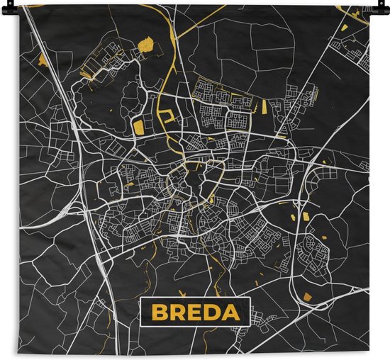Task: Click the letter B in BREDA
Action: tap(158, 312)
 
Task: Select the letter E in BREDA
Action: tap(195, 312)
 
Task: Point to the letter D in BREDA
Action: tap(213, 312)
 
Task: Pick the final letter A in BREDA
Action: tap(233, 312)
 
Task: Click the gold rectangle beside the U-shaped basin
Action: tap(139, 127)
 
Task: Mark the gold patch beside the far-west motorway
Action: tap(42, 57)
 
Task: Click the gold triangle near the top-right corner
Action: tap(345, 28)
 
